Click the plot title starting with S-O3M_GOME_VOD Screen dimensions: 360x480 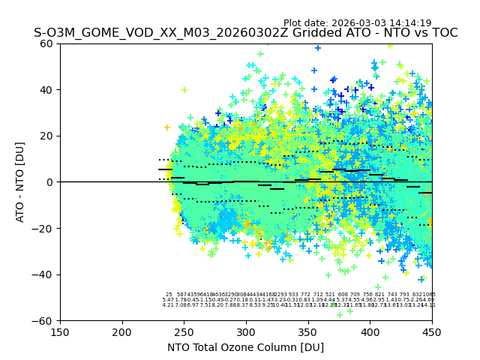(245, 33)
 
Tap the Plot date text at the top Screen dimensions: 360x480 (357, 23)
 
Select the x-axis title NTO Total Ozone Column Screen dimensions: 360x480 (245, 347)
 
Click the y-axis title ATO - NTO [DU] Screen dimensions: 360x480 (20, 181)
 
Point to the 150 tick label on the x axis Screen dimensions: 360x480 (60, 331)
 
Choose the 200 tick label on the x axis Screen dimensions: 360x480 (122, 331)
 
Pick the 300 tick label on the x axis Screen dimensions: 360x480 (246, 331)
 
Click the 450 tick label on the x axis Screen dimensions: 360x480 (431, 331)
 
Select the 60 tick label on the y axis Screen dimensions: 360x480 (47, 43)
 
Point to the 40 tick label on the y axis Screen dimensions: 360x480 (47, 90)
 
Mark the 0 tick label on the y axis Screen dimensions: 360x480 (50, 182)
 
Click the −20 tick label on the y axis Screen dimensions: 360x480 (43, 229)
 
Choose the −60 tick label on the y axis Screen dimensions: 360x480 (43, 320)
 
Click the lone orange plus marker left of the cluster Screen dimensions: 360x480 (167, 127)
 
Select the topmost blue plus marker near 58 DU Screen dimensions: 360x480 (318, 48)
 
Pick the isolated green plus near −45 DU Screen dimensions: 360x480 (378, 286)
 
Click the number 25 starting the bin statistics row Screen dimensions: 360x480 (169, 295)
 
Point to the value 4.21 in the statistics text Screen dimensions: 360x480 (168, 305)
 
